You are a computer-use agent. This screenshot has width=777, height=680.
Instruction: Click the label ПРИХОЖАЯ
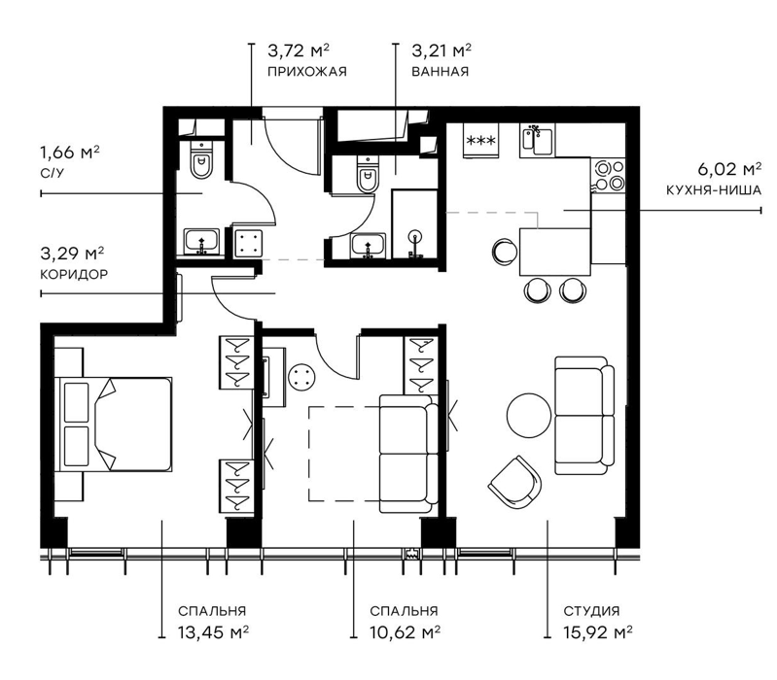[x=306, y=72]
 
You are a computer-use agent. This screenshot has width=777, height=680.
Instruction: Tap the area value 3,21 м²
[x=441, y=51]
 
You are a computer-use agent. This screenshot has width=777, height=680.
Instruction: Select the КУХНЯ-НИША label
[x=713, y=190]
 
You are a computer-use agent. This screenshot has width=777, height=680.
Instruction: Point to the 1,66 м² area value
[x=69, y=152]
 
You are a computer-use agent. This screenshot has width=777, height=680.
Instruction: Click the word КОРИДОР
[x=74, y=274]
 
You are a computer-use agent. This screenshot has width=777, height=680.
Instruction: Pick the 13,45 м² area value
[x=213, y=632]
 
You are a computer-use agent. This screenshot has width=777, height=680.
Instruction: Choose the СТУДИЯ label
[x=591, y=611]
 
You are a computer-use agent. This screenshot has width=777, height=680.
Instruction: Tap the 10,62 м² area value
[x=406, y=632]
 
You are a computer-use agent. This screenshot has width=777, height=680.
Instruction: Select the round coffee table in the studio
[x=529, y=416]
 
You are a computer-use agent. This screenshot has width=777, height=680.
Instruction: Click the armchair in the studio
[x=514, y=482]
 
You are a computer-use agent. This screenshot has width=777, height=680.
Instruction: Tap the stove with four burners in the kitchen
[x=609, y=176]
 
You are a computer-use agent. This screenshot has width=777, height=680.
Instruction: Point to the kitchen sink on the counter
[x=537, y=141]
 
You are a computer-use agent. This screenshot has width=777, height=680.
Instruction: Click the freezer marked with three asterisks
[x=481, y=141]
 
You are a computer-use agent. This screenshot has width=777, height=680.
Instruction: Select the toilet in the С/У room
[x=201, y=159]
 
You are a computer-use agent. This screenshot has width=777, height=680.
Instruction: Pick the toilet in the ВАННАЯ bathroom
[x=368, y=173]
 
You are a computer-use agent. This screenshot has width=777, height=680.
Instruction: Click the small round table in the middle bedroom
[x=301, y=378]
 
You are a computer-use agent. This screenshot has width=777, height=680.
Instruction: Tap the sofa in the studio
[x=584, y=415]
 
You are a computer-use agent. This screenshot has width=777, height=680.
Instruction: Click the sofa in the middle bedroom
[x=408, y=454]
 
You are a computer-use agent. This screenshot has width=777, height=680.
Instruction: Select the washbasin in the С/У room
[x=201, y=242]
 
